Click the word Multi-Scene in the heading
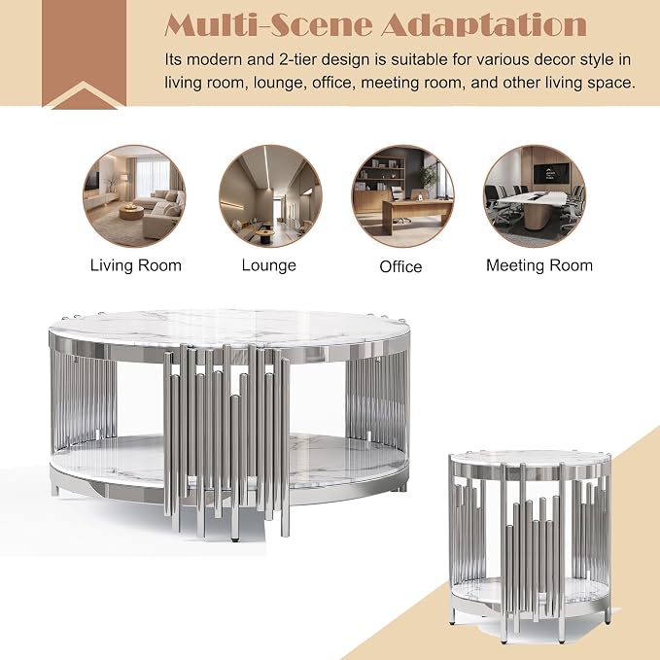coord(268,25)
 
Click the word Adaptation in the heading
coord(484,25)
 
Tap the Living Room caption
coord(135,265)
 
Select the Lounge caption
coord(269,265)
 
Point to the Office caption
coord(400,266)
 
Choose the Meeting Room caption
coord(539,265)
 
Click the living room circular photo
coord(134,196)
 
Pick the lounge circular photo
coord(270,196)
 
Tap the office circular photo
coord(402,196)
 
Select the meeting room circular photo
coord(535,196)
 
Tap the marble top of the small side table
coord(531,459)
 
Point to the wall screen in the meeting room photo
coord(551,173)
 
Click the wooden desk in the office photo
coord(418,214)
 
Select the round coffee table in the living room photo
coord(131,212)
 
